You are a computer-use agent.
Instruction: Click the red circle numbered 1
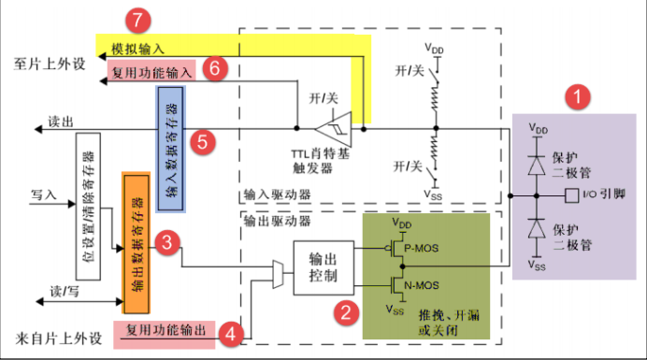[x=581, y=96]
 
